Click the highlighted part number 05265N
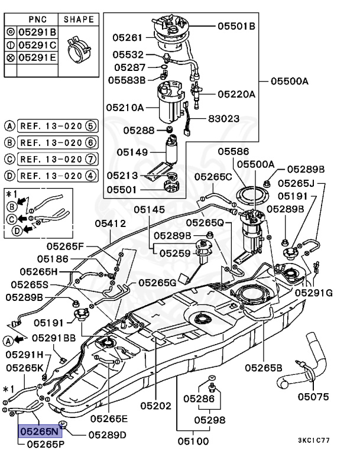[39, 432]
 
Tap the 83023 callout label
[223, 118]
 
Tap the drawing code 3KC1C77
[330, 440]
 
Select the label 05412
[111, 223]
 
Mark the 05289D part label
[107, 434]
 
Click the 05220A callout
[236, 94]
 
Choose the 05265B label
[264, 367]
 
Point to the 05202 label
[155, 406]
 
